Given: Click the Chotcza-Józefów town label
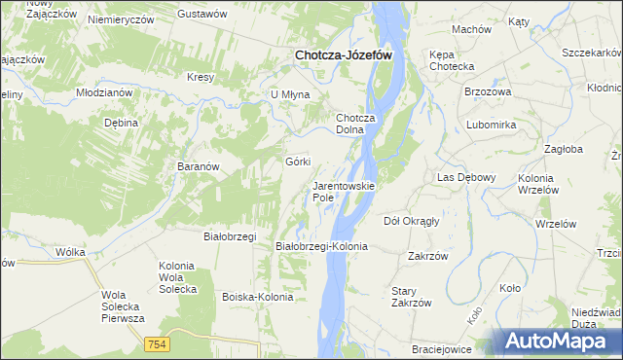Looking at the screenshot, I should tap(344, 56).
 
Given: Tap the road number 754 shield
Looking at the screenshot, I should tap(156, 344).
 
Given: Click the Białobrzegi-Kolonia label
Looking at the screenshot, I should tap(322, 247).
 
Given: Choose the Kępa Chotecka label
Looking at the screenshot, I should tap(451, 60).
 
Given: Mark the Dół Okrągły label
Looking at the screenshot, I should tap(412, 221).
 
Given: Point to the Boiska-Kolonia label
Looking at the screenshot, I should tap(258, 297).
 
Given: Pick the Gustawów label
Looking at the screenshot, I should tap(202, 15).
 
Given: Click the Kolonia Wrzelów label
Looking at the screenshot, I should tap(548, 184).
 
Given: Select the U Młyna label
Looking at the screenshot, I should tap(290, 94).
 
